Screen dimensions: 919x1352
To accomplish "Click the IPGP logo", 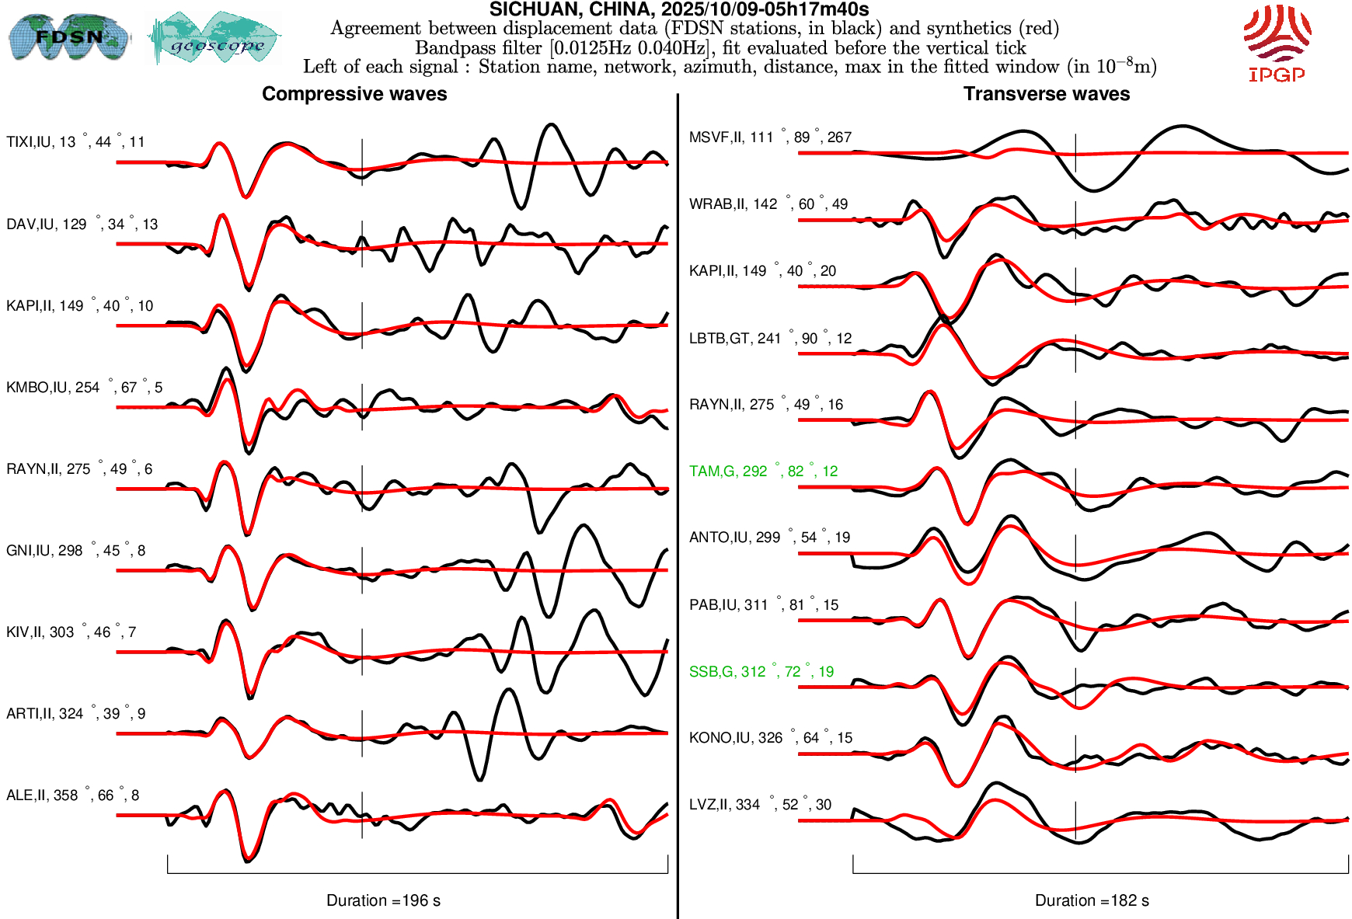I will (1277, 43).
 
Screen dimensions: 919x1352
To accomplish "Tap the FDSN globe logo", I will (69, 37).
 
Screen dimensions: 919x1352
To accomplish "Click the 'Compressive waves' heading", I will (354, 94).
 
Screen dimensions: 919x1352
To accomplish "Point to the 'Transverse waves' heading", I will (1047, 94).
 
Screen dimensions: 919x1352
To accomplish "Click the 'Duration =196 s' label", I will (383, 900).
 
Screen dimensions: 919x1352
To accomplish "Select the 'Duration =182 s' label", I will (1092, 900).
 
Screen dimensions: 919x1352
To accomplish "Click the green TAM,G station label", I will (763, 472).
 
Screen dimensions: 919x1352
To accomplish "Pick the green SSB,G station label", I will (761, 672).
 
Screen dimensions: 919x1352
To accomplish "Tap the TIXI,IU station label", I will (75, 142).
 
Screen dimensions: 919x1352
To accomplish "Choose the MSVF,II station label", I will (770, 138).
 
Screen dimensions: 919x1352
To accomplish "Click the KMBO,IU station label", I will (84, 388).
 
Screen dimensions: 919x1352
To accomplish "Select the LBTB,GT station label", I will (770, 339).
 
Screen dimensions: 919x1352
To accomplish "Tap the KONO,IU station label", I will (770, 738).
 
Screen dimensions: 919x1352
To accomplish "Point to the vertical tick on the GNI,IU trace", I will (362, 570).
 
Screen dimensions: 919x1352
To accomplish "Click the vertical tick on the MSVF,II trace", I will (1075, 153).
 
